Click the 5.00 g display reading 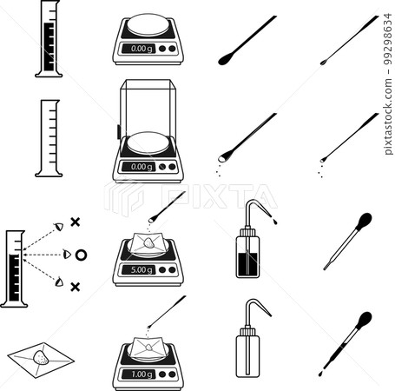tap(139, 270)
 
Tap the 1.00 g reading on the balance tap(139, 374)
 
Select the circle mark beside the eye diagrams tap(81, 255)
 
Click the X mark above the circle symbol tap(76, 222)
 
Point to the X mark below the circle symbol tap(76, 286)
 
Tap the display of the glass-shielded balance tap(139, 166)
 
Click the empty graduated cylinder tap(49, 139)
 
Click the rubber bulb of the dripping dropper tap(365, 319)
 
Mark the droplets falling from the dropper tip tap(320, 373)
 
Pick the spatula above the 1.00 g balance tap(168, 312)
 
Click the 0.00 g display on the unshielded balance tap(139, 49)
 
